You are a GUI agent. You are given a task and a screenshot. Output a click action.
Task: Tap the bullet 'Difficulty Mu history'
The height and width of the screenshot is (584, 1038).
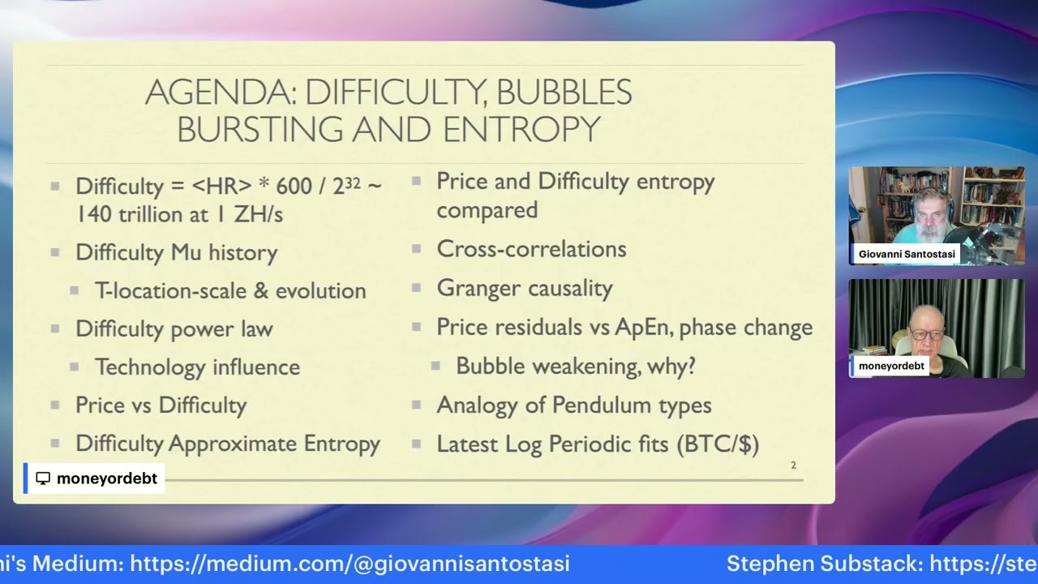[x=176, y=252]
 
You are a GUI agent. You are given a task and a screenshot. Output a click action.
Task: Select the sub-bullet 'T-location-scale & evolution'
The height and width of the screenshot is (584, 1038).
[x=230, y=290]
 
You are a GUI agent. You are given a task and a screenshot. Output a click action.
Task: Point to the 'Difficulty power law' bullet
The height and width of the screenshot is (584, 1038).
[x=174, y=328]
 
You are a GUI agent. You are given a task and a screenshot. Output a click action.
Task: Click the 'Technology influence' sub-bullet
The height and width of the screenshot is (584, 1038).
[x=197, y=367]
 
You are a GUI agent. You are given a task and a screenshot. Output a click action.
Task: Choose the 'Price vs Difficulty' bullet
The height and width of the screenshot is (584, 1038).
[x=161, y=405]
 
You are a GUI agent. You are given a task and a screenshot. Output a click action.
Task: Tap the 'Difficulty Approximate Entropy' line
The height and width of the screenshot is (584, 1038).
[x=227, y=444]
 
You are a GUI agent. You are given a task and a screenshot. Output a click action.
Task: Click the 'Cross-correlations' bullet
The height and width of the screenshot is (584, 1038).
[x=531, y=249]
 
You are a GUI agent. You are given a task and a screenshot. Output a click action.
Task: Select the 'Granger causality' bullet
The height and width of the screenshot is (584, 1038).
[x=524, y=288]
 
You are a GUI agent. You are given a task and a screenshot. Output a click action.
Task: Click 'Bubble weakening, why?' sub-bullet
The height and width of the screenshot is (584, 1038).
[x=575, y=366]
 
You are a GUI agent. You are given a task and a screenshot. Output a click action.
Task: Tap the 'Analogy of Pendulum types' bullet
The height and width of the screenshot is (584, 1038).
[x=573, y=405]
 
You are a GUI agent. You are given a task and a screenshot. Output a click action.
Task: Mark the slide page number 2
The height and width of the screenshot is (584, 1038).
[x=793, y=465]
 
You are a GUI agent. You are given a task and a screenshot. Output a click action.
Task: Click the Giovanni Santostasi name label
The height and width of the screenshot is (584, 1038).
[x=907, y=254]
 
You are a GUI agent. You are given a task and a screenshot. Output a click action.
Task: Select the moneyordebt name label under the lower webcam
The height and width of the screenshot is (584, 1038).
[x=890, y=366]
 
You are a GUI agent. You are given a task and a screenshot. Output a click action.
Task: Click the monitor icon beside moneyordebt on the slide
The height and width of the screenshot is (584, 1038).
[x=43, y=479]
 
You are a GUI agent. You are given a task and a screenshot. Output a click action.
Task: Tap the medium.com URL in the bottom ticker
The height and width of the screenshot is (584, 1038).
[x=350, y=564]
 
